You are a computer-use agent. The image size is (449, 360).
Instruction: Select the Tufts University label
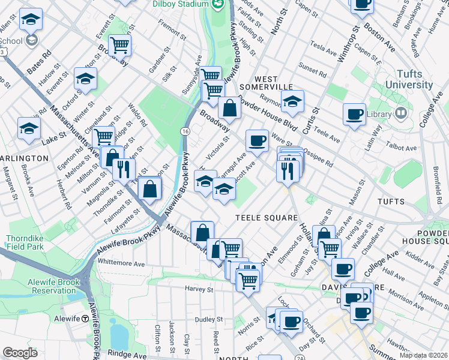pyautogui.click(x=408, y=80)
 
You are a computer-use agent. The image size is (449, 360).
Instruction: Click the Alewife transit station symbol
pyautogui.click(x=86, y=319)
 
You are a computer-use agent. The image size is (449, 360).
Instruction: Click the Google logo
pyautogui.click(x=20, y=353)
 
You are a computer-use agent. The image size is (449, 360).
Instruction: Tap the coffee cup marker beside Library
pyautogui.click(x=354, y=113)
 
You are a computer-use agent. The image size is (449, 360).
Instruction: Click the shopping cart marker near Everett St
pyautogui.click(x=120, y=44)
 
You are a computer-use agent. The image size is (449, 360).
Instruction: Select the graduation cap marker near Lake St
pyautogui.click(x=29, y=128)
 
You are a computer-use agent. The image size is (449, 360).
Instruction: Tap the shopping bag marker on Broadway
pyautogui.click(x=229, y=108)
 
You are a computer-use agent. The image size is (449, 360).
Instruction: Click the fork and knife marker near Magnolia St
pyautogui.click(x=124, y=169)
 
